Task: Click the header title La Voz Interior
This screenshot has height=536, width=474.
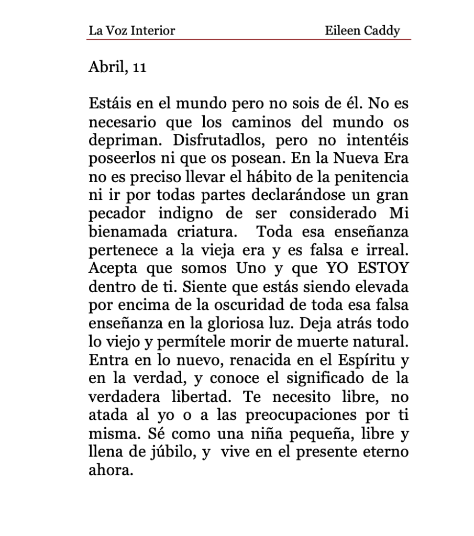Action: [x=131, y=30]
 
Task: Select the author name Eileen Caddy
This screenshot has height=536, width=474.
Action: [x=362, y=30]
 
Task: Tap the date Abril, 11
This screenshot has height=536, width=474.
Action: [x=117, y=68]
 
